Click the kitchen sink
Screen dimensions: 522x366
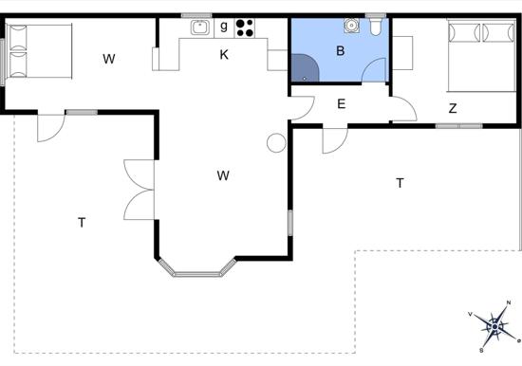tap(200, 27)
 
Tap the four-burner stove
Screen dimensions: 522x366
tap(245, 27)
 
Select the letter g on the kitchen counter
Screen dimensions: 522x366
tap(224, 26)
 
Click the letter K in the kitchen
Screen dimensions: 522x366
tap(224, 55)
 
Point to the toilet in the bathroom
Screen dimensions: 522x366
tap(376, 27)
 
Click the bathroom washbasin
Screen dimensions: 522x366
tap(351, 26)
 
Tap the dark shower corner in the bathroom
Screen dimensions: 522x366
tap(306, 68)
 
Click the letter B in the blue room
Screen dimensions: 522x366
tap(340, 51)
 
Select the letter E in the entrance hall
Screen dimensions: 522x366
tap(342, 104)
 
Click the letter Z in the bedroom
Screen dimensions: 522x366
tap(453, 108)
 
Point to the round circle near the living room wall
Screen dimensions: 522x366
tap(276, 143)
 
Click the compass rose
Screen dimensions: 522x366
tap(494, 327)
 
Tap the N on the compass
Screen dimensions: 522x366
tap(509, 302)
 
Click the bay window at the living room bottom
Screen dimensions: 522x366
tap(197, 268)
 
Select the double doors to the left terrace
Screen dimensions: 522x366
tap(139, 190)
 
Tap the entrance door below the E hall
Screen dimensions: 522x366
tap(335, 139)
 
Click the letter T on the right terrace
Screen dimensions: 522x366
tap(400, 183)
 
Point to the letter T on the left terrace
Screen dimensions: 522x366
tap(82, 222)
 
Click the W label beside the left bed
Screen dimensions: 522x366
tap(109, 59)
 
